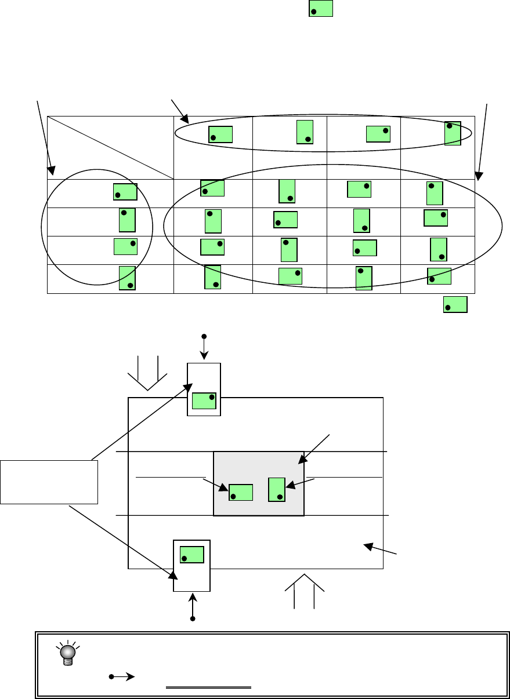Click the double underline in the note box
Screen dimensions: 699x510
click(209, 688)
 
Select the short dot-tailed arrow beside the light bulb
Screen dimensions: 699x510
click(121, 676)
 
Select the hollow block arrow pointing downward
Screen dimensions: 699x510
click(147, 373)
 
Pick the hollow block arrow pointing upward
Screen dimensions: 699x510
click(305, 591)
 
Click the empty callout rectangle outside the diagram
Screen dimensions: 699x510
click(49, 482)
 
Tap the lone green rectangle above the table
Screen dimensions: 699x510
click(321, 8)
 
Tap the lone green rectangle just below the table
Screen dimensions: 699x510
click(455, 304)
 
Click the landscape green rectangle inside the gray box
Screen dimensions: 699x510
click(241, 492)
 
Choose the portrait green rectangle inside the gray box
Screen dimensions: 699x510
click(277, 490)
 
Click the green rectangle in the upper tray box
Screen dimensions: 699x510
click(204, 401)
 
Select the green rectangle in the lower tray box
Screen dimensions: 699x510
click(191, 555)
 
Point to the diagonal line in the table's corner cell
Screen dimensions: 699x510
click(110, 147)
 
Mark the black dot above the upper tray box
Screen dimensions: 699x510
click(203, 336)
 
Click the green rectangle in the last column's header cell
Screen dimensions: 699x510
click(453, 133)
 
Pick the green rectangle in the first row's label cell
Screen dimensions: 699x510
click(125, 192)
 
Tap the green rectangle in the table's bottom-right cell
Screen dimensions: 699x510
click(439, 276)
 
